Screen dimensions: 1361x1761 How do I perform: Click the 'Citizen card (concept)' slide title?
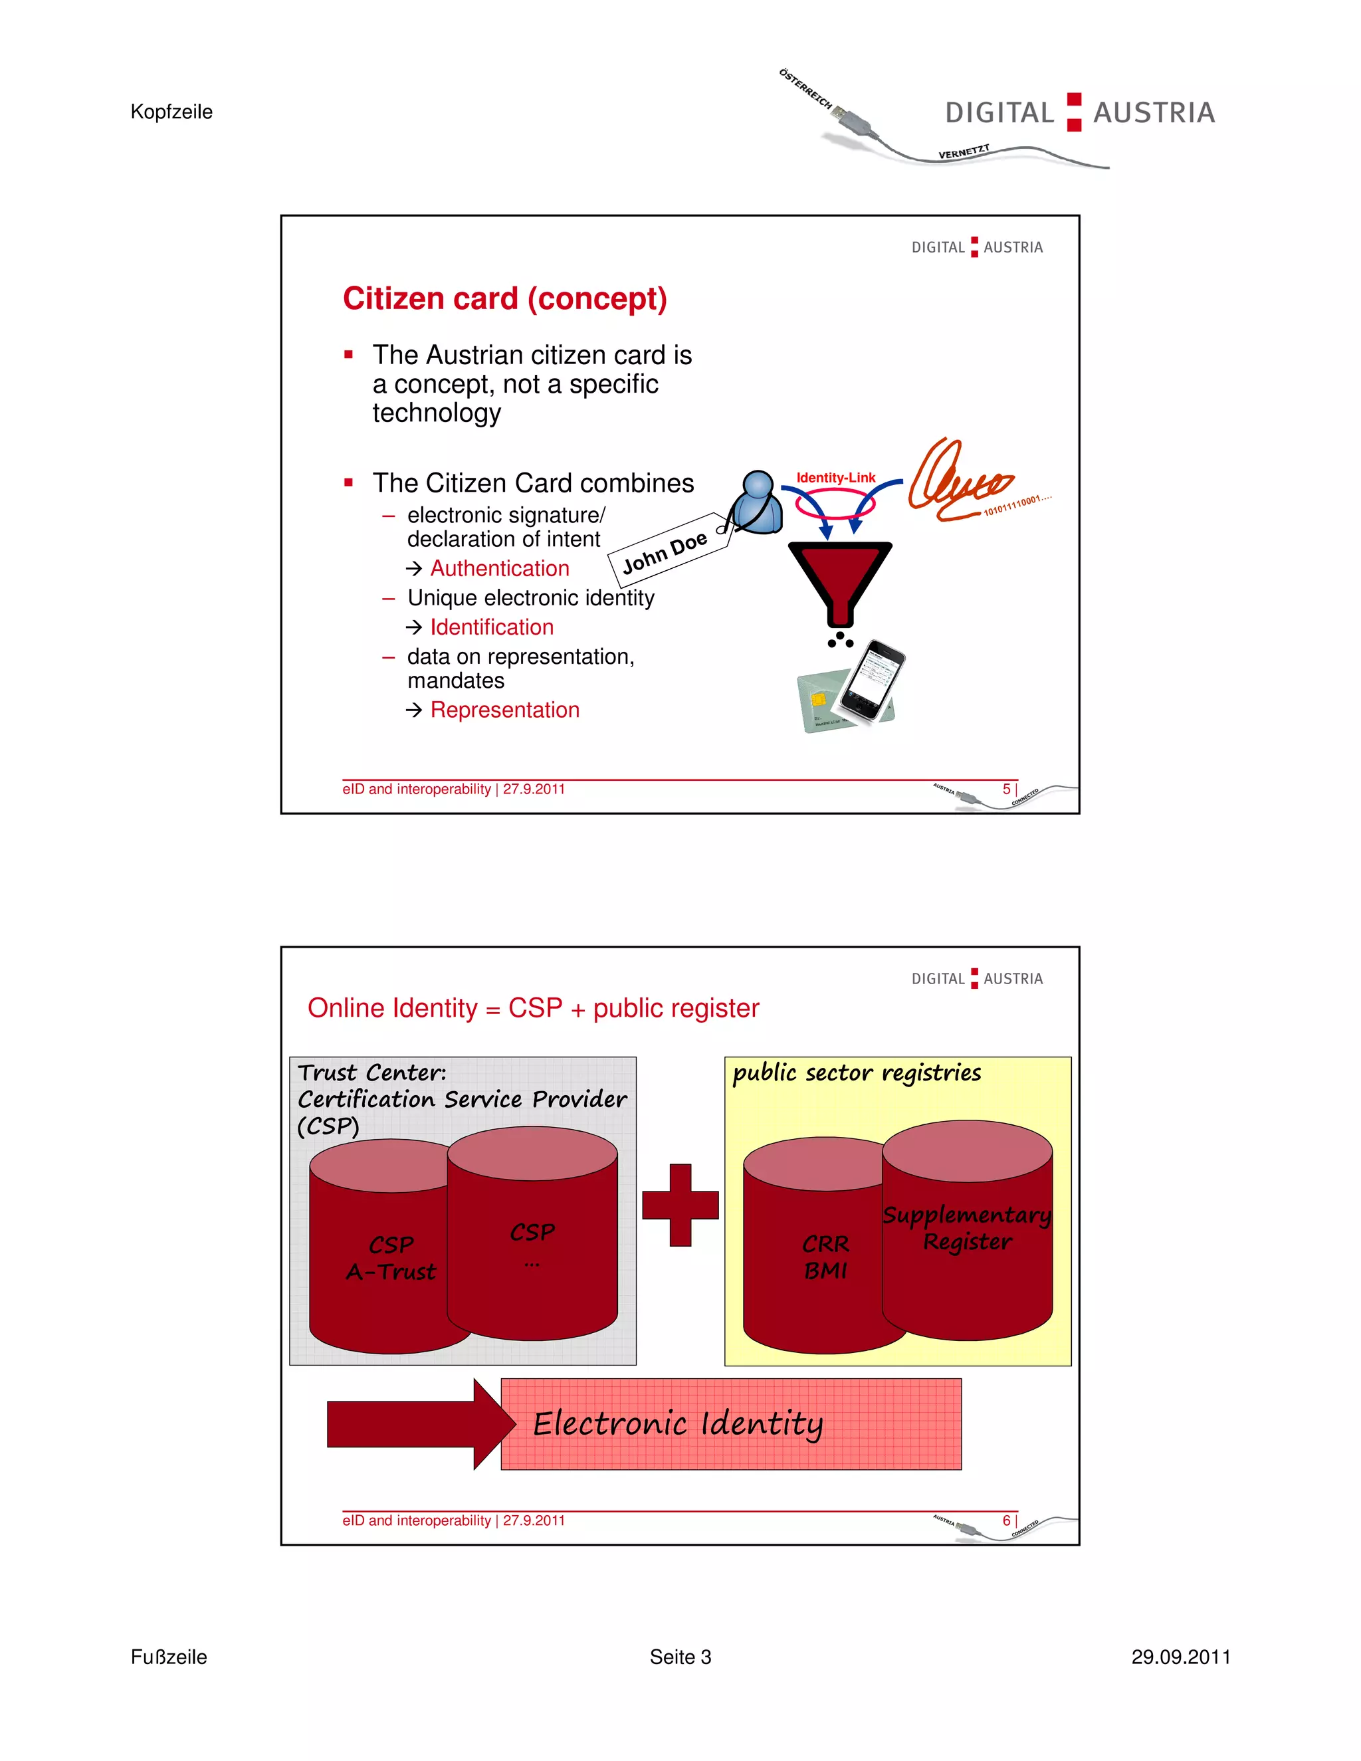click(x=505, y=299)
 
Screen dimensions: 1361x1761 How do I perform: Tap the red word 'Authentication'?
click(x=499, y=568)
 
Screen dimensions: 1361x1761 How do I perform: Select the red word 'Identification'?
click(x=491, y=627)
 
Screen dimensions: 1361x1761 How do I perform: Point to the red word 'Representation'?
click(x=505, y=710)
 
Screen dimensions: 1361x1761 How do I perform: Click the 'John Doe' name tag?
click(x=665, y=552)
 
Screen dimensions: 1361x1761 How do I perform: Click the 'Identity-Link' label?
click(x=835, y=477)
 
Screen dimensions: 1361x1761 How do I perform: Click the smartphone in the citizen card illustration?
click(x=873, y=680)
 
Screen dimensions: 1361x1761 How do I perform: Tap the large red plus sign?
click(x=680, y=1205)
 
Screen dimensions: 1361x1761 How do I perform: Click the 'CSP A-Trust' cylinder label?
click(x=391, y=1258)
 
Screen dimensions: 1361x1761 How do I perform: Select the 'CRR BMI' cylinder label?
click(x=825, y=1257)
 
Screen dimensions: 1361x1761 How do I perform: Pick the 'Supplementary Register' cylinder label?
click(x=967, y=1228)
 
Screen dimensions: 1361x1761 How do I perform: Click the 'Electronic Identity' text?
click(x=677, y=1424)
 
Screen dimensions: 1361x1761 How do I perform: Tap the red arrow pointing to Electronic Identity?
click(x=419, y=1424)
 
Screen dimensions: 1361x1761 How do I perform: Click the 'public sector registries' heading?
click(x=856, y=1073)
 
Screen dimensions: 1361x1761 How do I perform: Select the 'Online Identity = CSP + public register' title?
click(x=533, y=1008)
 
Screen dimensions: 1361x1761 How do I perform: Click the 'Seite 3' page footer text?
click(x=680, y=1657)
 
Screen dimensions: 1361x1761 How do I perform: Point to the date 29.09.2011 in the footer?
click(x=1180, y=1657)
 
